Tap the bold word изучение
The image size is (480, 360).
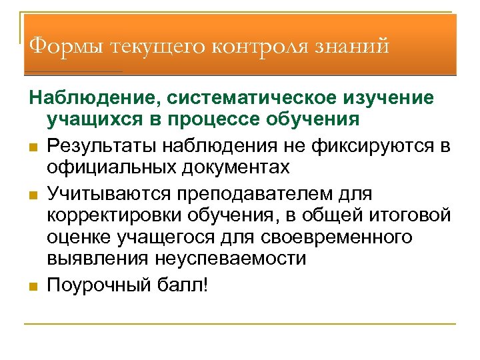tap(389, 99)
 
